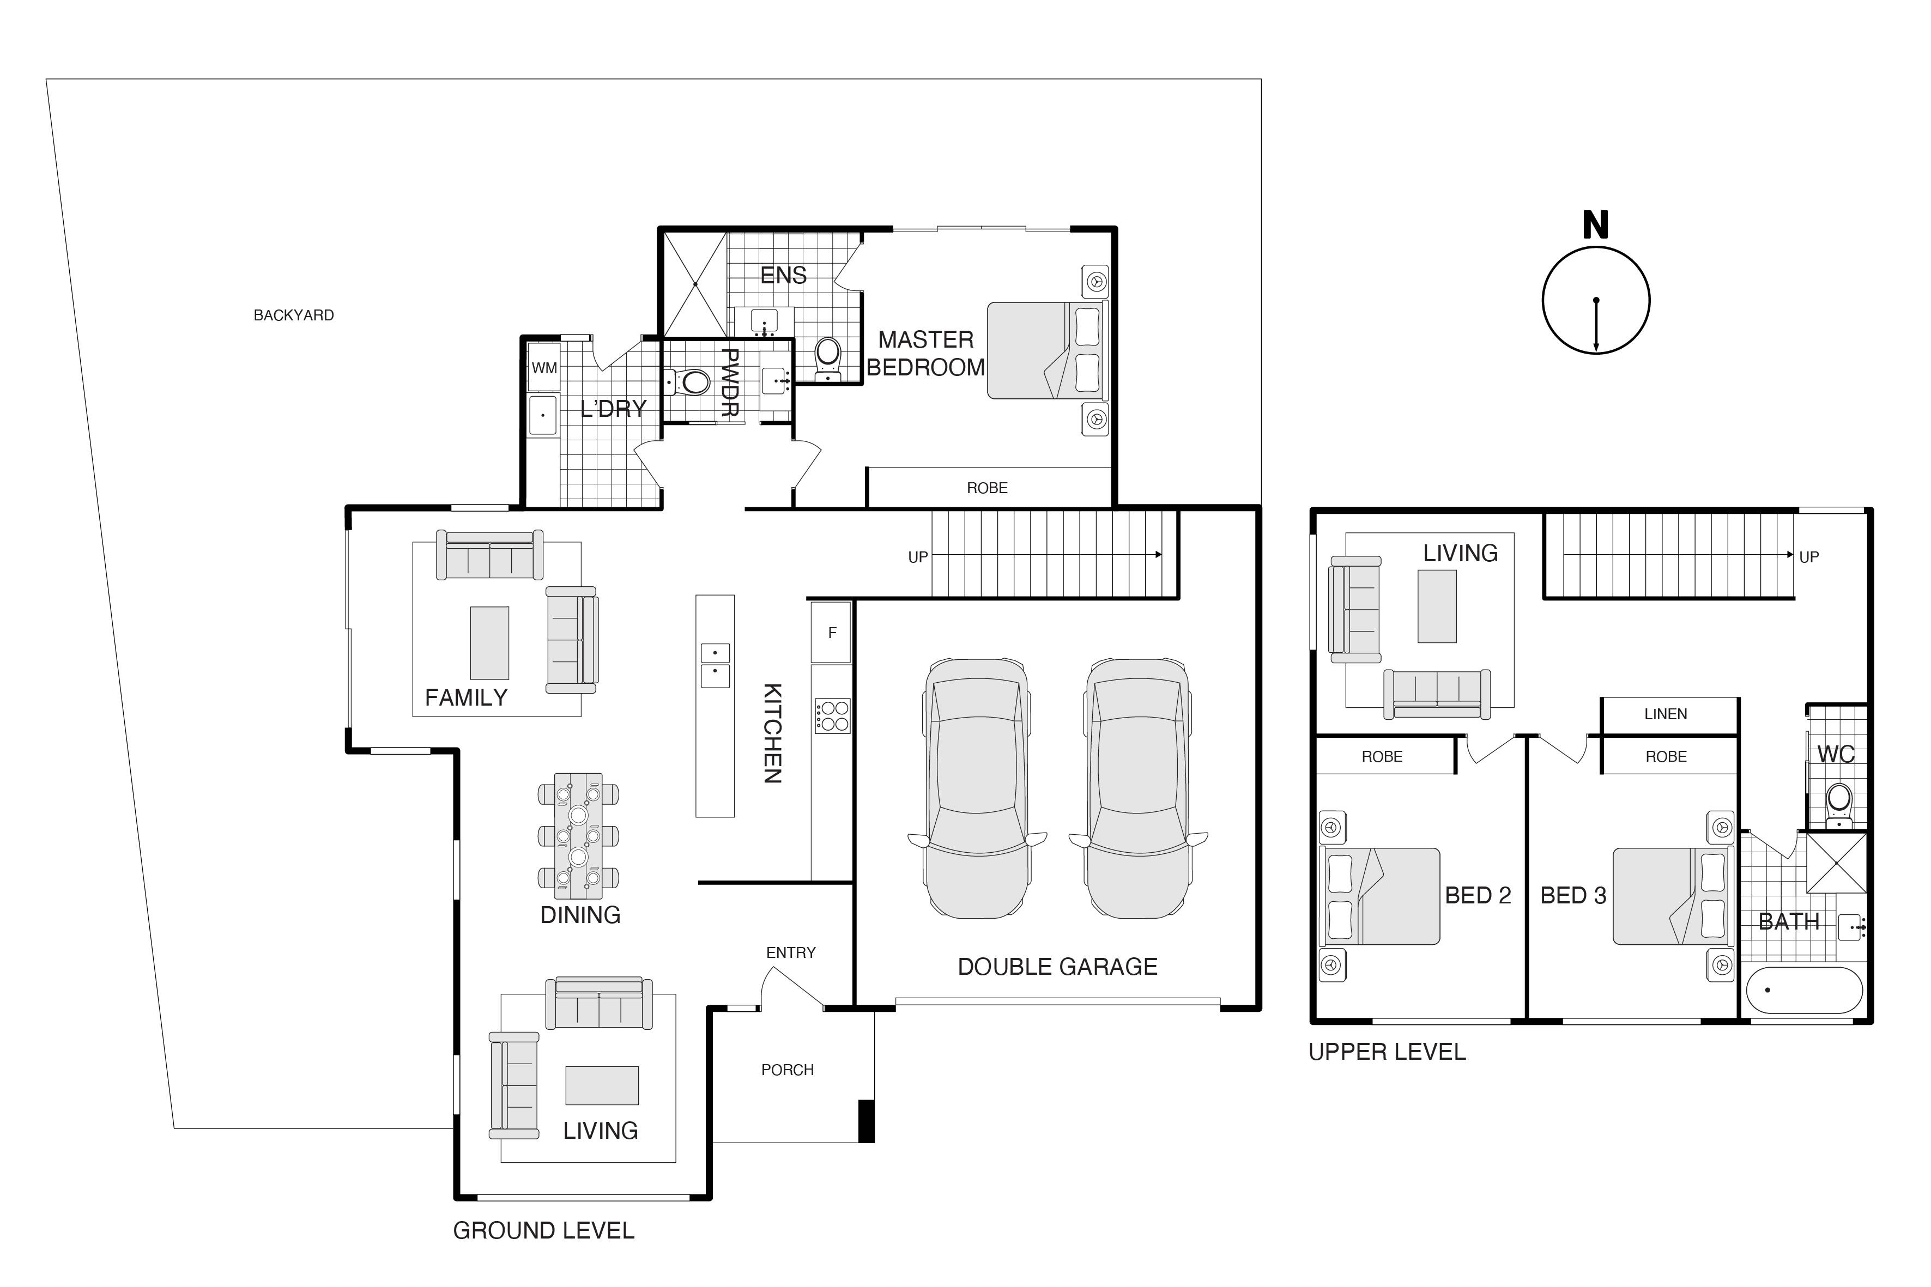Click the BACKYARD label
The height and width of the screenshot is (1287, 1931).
(x=293, y=315)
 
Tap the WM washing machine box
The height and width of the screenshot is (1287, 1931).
(x=544, y=368)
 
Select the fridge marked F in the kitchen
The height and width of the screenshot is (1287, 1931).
(x=832, y=632)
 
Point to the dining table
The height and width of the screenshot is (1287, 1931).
(x=579, y=835)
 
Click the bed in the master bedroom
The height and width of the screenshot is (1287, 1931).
(x=1048, y=350)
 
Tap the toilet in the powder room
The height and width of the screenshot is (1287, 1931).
(x=689, y=381)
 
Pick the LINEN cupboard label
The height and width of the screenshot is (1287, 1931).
(x=1665, y=714)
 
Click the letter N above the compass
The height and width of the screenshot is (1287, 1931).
(x=1595, y=225)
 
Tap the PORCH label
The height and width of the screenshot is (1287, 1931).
(x=788, y=1070)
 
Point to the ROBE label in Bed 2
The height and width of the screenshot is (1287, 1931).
(x=1382, y=757)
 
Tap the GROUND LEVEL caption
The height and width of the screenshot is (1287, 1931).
(x=543, y=1230)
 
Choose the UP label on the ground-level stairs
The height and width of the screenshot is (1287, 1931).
(x=917, y=557)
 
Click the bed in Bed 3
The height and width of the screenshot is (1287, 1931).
(x=1672, y=896)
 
